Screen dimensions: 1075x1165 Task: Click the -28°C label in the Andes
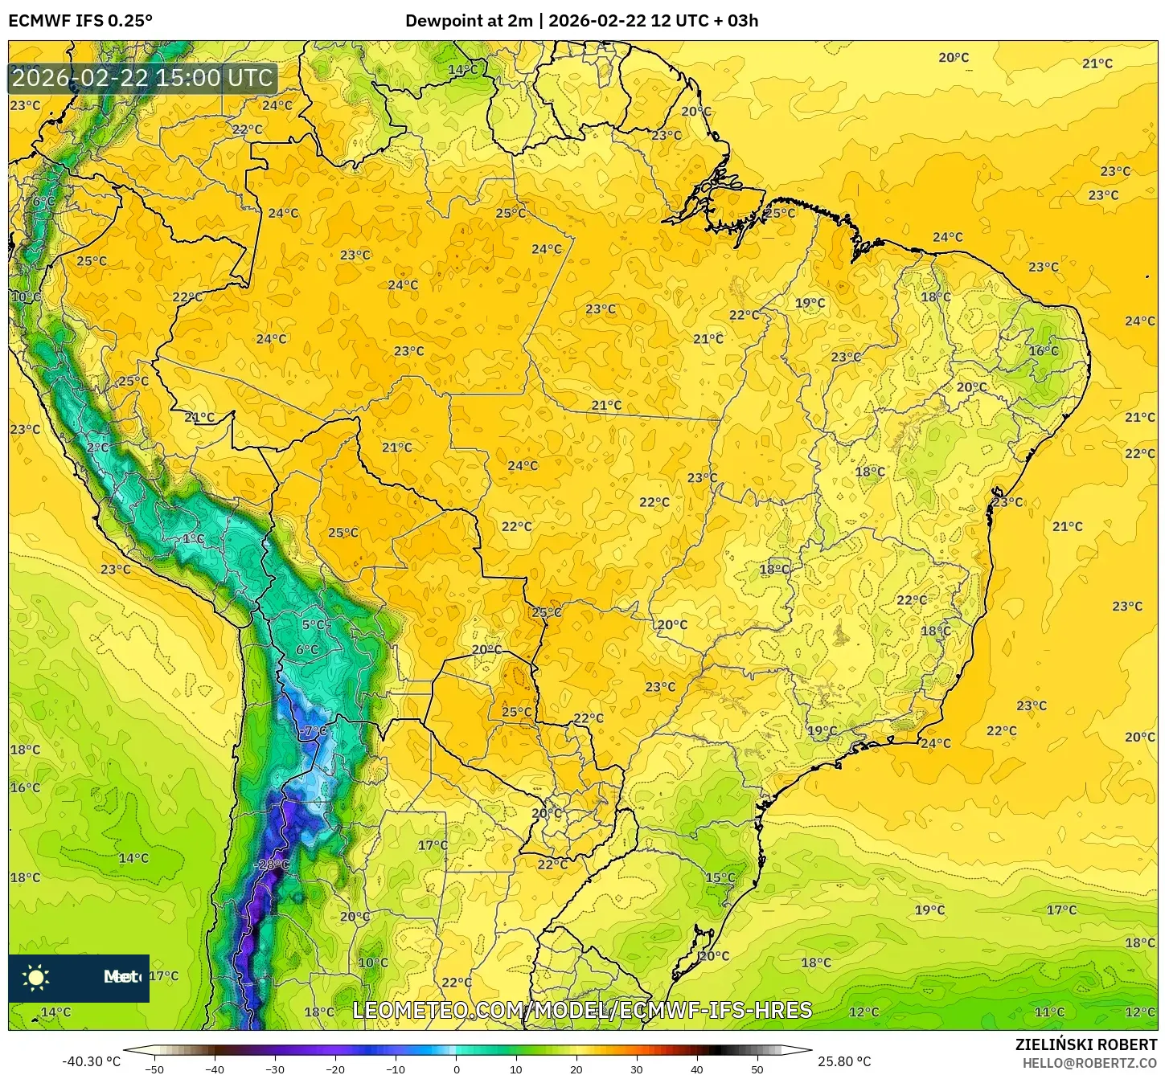pyautogui.click(x=271, y=864)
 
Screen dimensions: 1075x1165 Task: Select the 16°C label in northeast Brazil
pyautogui.click(x=1044, y=351)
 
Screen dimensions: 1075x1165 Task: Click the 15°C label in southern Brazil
pyautogui.click(x=720, y=877)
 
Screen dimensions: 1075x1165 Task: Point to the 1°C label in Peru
pyautogui.click(x=193, y=539)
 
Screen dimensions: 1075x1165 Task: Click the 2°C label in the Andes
pyautogui.click(x=98, y=448)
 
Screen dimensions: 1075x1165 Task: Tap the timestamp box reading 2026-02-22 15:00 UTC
pyautogui.click(x=143, y=78)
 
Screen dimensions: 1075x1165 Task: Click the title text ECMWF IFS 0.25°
pyautogui.click(x=80, y=21)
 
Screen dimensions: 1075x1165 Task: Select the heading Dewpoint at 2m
pyautogui.click(x=468, y=21)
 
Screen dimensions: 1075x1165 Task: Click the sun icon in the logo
pyautogui.click(x=36, y=978)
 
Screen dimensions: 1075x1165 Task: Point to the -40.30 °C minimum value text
pyautogui.click(x=91, y=1061)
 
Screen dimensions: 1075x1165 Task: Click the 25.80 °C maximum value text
pyautogui.click(x=844, y=1061)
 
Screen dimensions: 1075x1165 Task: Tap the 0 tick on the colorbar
pyautogui.click(x=457, y=1069)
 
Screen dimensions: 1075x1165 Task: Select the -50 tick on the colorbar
pyautogui.click(x=154, y=1069)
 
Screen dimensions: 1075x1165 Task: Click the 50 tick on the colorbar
pyautogui.click(x=757, y=1069)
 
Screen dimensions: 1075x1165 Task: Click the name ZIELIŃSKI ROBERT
pyautogui.click(x=1085, y=1045)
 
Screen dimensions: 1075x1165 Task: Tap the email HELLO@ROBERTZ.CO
pyautogui.click(x=1089, y=1063)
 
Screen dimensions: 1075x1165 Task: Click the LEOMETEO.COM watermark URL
pyautogui.click(x=582, y=1010)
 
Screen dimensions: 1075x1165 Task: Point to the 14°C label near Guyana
pyautogui.click(x=462, y=70)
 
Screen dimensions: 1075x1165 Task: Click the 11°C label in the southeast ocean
pyautogui.click(x=1049, y=1012)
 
